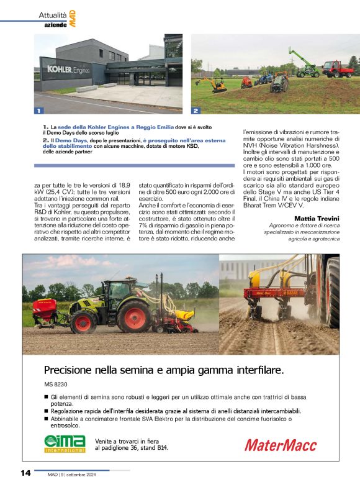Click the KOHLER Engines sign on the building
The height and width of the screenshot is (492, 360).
pos(65,69)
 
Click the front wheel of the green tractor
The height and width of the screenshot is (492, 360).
pos(83,321)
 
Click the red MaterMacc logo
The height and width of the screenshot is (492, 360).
pos(280,445)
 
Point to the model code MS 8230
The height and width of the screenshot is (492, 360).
pos(56,385)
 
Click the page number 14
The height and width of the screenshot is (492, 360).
pos(25,473)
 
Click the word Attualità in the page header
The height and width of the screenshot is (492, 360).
pos(53,14)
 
